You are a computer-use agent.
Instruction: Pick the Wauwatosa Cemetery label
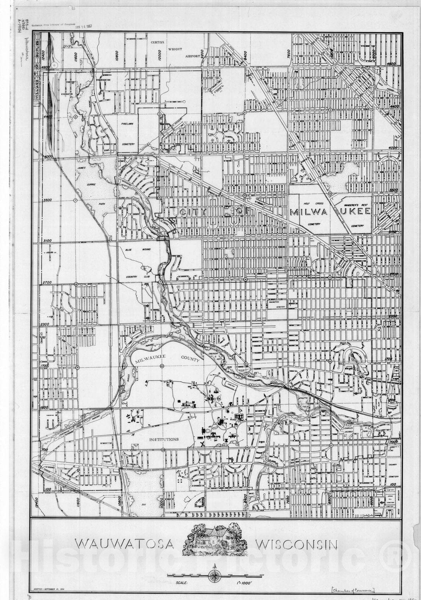coord(278,304)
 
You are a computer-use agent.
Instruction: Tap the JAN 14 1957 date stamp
coord(85,27)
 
